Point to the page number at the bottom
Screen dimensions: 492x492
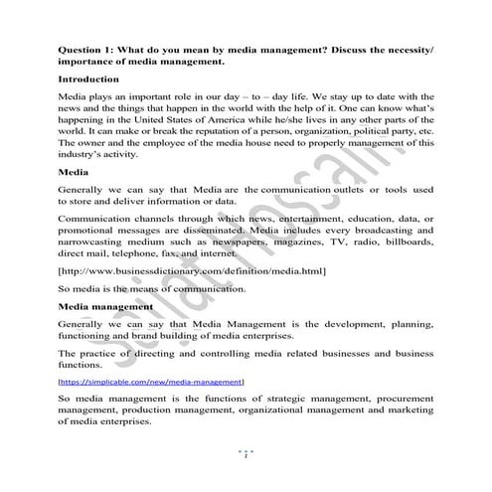pos(246,454)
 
